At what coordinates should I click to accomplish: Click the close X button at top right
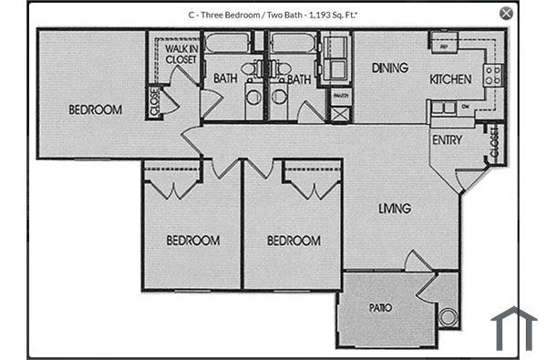pyautogui.click(x=506, y=13)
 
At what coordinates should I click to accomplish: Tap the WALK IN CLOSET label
pyautogui.click(x=181, y=54)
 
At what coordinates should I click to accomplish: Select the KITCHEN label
pyautogui.click(x=450, y=79)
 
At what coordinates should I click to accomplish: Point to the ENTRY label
pyautogui.click(x=447, y=140)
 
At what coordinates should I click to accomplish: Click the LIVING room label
pyautogui.click(x=395, y=209)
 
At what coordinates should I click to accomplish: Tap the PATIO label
pyautogui.click(x=380, y=308)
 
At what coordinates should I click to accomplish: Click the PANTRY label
pyautogui.click(x=340, y=95)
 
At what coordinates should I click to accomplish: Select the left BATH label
pyautogui.click(x=225, y=79)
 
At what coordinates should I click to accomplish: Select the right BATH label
pyautogui.click(x=299, y=79)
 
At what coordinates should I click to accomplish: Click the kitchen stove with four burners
pyautogui.click(x=493, y=75)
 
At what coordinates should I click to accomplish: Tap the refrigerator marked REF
pyautogui.click(x=444, y=45)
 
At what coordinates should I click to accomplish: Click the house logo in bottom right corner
pyautogui.click(x=513, y=328)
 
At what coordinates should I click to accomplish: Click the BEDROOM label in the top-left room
pyautogui.click(x=95, y=110)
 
